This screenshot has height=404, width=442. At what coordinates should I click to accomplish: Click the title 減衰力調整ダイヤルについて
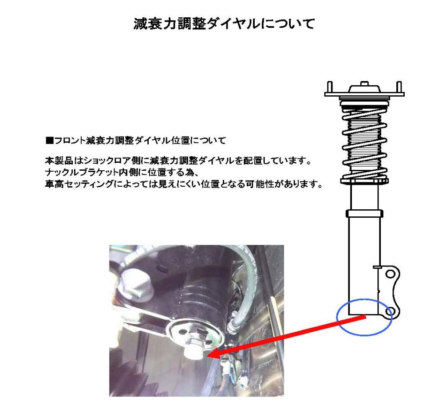tap(224, 24)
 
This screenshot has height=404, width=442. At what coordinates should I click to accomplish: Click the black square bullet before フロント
tap(49, 140)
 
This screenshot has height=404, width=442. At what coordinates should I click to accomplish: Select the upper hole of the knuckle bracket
tap(390, 274)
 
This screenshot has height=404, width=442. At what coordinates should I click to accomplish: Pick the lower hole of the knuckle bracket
tap(390, 312)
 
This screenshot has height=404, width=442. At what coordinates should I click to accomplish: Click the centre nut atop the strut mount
tap(364, 83)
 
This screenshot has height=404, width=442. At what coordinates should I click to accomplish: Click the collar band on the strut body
tap(364, 214)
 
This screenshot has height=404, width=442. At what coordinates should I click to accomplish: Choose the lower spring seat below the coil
tap(364, 181)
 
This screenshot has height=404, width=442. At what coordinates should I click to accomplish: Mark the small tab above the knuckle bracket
tap(377, 267)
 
